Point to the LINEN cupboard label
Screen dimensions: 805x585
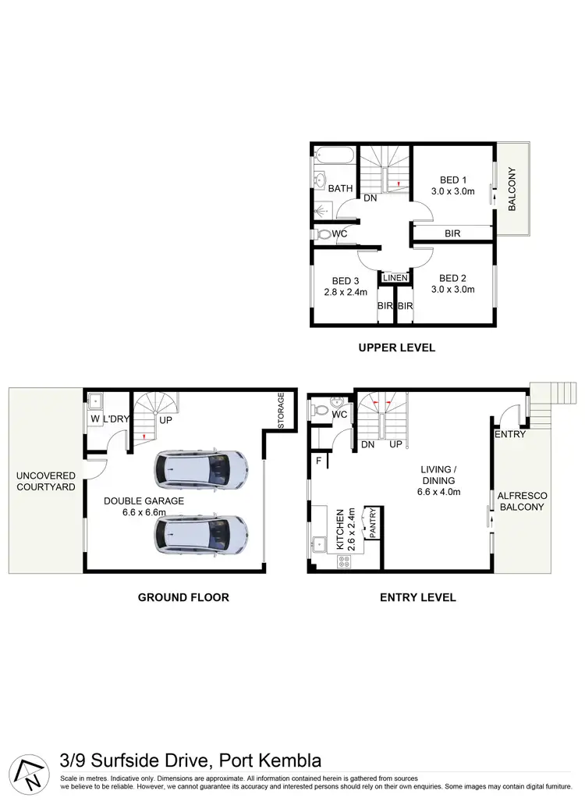pyautogui.click(x=395, y=278)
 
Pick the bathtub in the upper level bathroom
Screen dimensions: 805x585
pyautogui.click(x=335, y=159)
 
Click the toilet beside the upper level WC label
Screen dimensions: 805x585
pyautogui.click(x=323, y=233)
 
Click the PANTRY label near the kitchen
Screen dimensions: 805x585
pyautogui.click(x=373, y=523)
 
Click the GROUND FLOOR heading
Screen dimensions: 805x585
pyautogui.click(x=183, y=597)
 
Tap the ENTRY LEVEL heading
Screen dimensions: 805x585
pyautogui.click(x=418, y=597)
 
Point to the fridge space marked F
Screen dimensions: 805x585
pyautogui.click(x=318, y=461)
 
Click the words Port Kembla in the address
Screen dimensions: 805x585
pyautogui.click(x=271, y=760)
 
